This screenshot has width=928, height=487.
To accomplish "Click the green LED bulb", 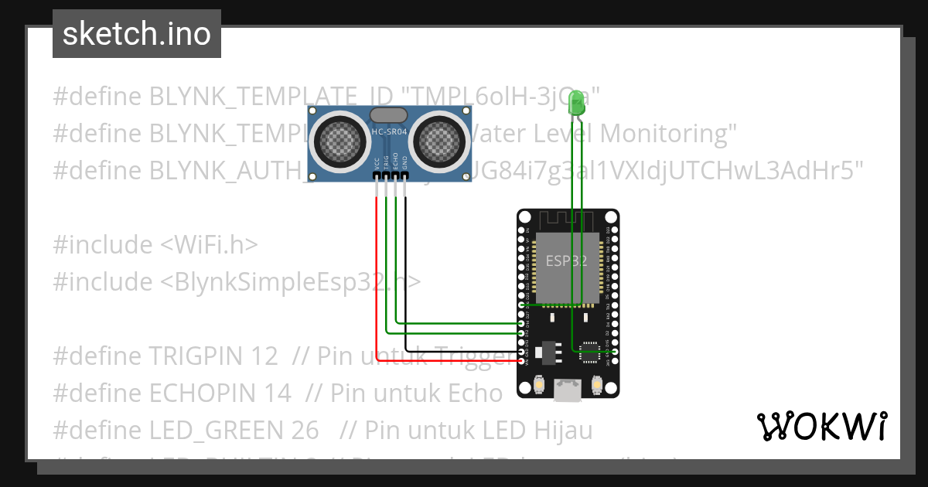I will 576,104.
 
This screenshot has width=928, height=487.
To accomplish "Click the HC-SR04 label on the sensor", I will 388,132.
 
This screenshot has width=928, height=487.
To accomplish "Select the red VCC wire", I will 377,271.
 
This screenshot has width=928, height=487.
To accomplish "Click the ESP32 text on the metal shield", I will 566,261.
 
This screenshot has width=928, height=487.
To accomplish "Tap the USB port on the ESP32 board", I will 568,392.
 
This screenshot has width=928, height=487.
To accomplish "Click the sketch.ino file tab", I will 137,34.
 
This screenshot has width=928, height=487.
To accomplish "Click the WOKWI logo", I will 821,426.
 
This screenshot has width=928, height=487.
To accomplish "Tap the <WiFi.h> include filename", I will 209,244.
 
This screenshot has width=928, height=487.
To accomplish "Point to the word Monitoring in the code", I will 663,134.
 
